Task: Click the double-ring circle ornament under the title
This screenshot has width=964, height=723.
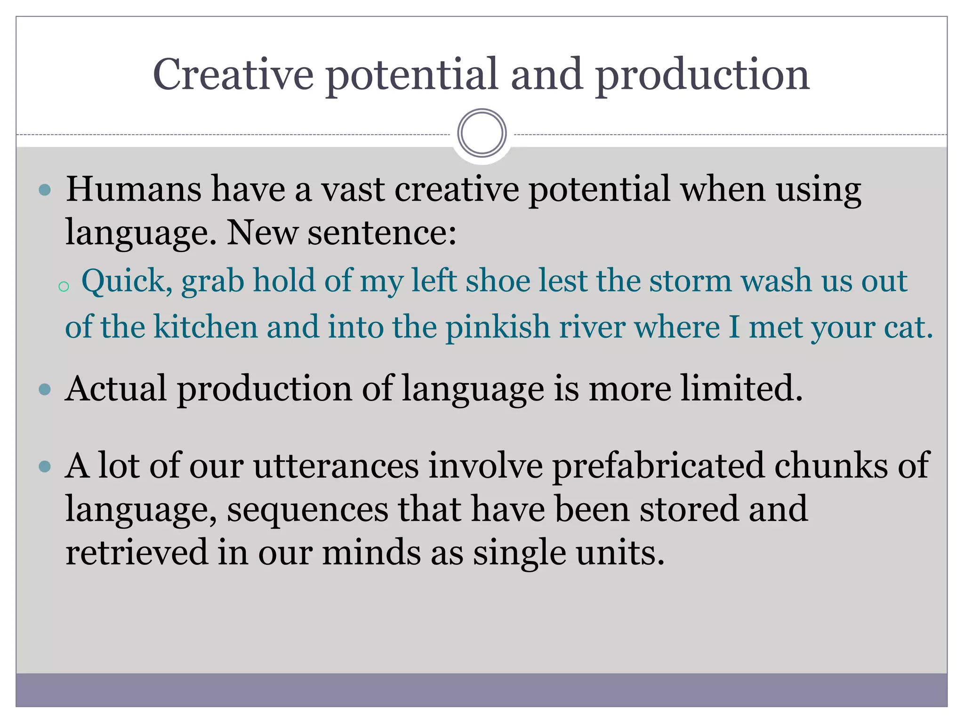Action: pyautogui.click(x=482, y=133)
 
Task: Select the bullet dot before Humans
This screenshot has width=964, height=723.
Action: pyautogui.click(x=45, y=190)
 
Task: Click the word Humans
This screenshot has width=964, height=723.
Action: pyautogui.click(x=133, y=189)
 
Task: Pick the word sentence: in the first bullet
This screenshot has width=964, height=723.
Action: pyautogui.click(x=382, y=233)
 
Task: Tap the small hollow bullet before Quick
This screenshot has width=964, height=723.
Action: pyautogui.click(x=64, y=286)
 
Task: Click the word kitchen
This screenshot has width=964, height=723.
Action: pyautogui.click(x=206, y=327)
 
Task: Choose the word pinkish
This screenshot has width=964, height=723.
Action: pyautogui.click(x=498, y=328)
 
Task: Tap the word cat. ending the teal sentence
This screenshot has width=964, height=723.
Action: pyautogui.click(x=908, y=327)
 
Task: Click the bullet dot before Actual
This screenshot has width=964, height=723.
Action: pyautogui.click(x=45, y=390)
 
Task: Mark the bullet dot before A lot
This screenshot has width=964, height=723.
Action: pyautogui.click(x=45, y=466)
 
